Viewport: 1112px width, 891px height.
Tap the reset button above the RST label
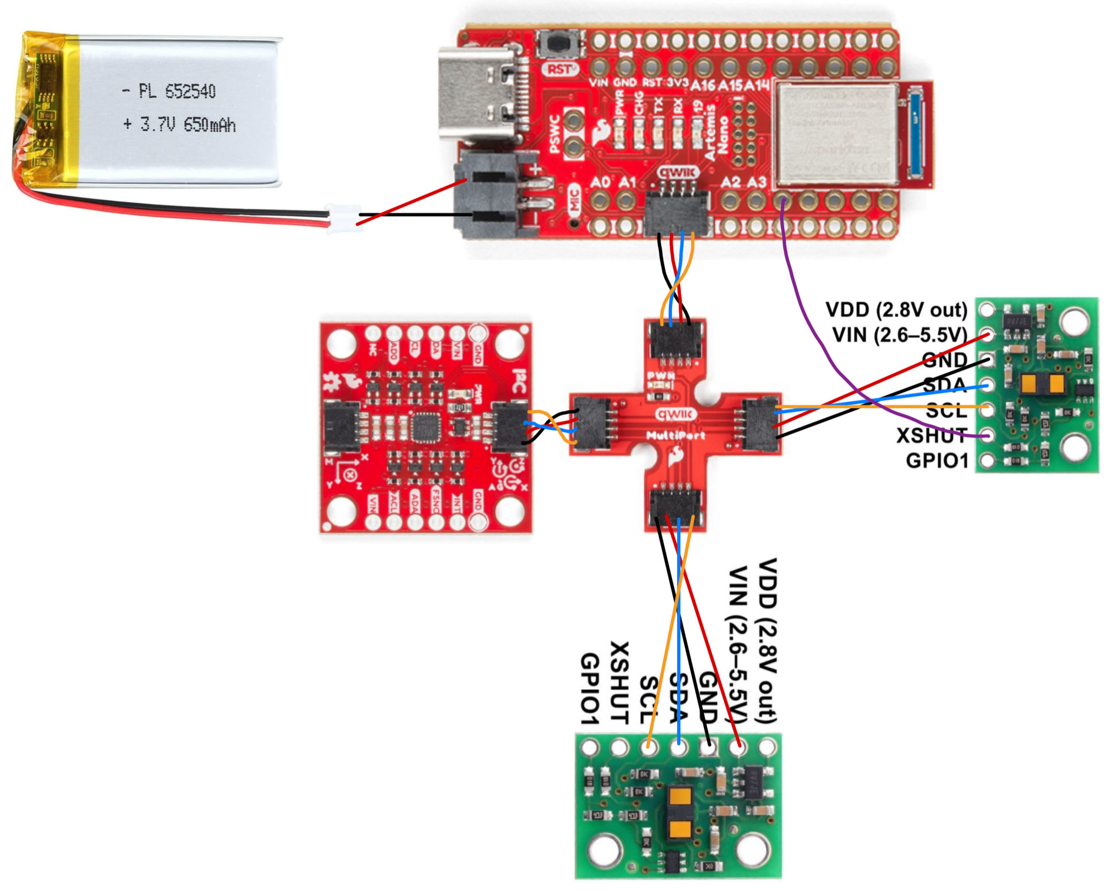(x=560, y=45)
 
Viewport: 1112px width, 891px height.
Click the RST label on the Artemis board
(x=560, y=69)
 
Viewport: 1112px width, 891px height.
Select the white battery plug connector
(x=344, y=218)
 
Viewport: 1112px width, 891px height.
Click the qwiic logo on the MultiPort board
(x=676, y=414)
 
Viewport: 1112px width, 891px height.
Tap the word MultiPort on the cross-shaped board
(x=675, y=436)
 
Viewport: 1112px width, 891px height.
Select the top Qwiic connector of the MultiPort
(x=676, y=341)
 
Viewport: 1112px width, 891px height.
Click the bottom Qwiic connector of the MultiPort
(x=675, y=506)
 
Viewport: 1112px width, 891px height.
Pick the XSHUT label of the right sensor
(x=932, y=435)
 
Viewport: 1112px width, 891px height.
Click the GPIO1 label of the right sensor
(x=937, y=461)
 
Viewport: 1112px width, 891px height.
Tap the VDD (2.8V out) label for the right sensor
(x=896, y=310)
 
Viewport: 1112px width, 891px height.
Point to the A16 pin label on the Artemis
(x=703, y=85)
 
